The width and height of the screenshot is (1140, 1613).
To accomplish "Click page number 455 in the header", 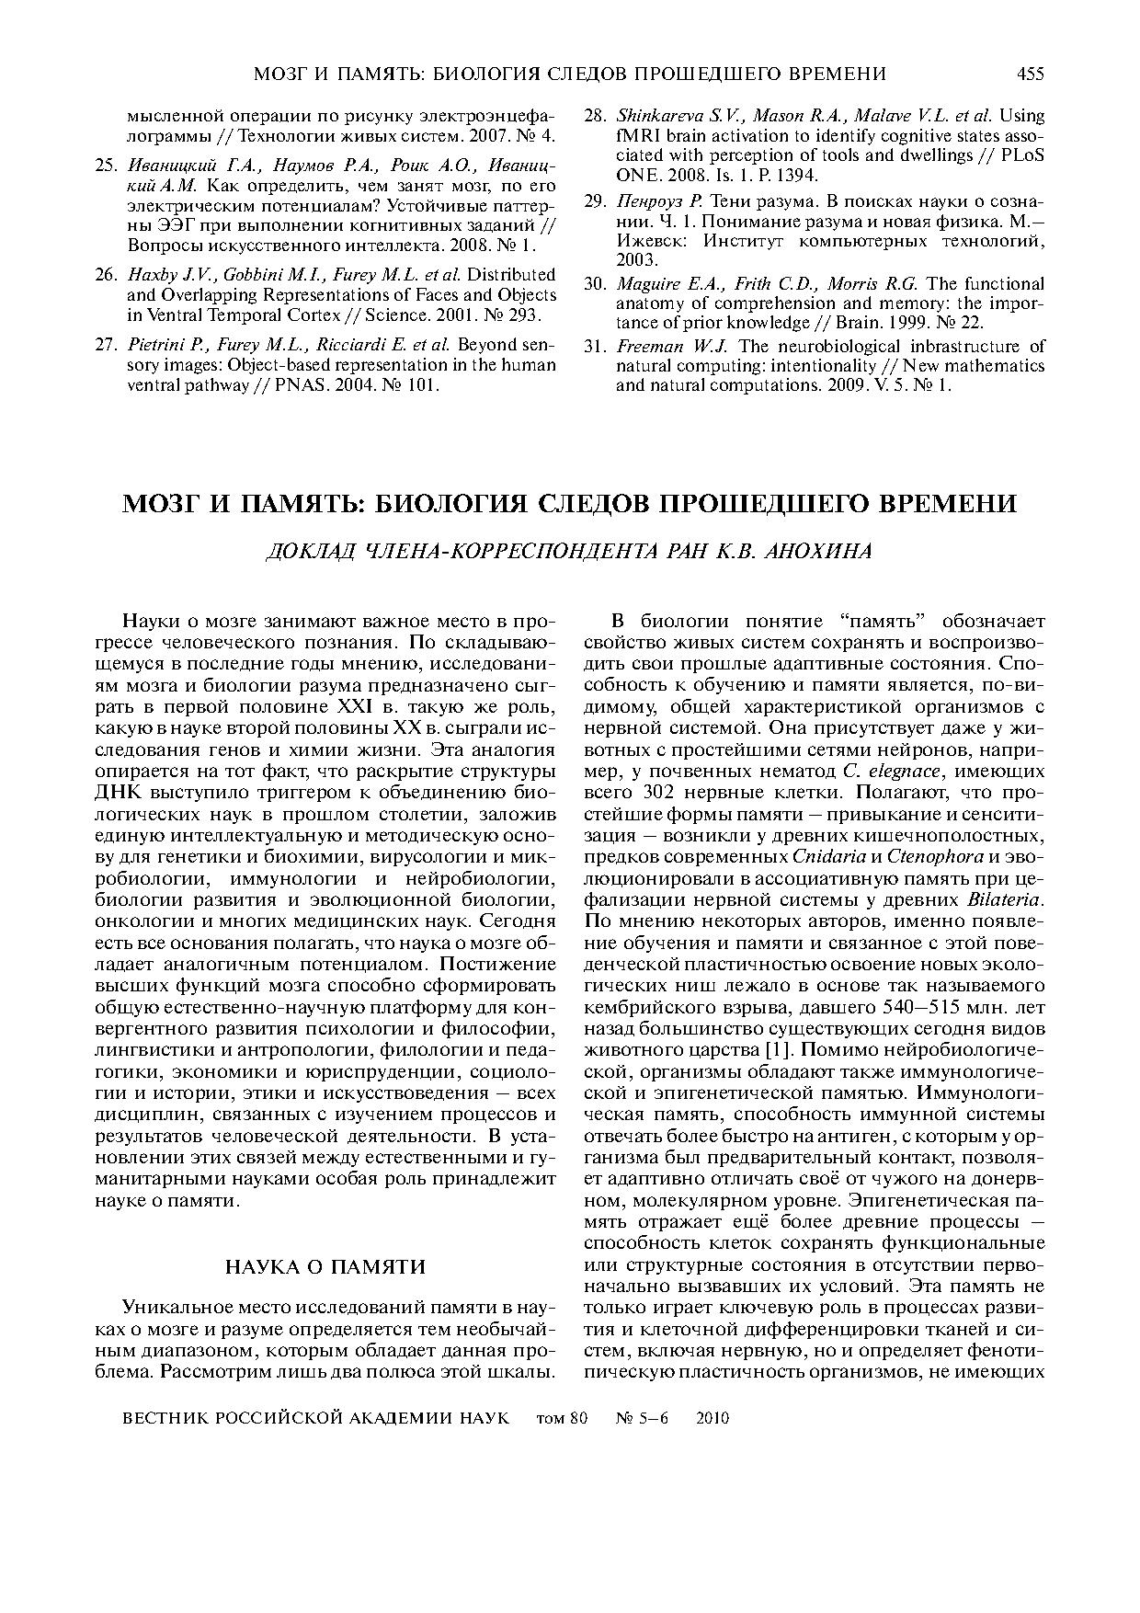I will [x=1030, y=74].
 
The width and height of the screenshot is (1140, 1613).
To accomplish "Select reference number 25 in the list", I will [x=105, y=165].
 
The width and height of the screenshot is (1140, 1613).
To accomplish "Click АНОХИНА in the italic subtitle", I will [x=818, y=552].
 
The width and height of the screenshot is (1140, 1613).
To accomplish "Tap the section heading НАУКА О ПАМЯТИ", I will [x=326, y=1267].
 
